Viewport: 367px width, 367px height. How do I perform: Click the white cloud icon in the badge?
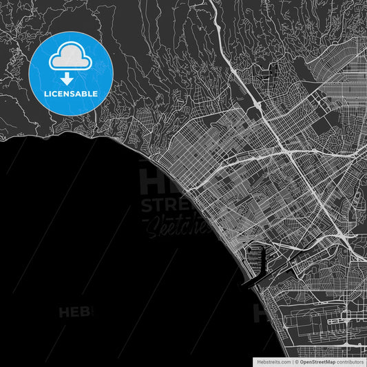[71, 59]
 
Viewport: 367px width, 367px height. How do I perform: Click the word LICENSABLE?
[71, 93]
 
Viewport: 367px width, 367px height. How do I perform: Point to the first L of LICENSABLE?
[45, 93]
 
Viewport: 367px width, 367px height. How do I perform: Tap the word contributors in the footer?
[350, 361]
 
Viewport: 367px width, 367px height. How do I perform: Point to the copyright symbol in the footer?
[295, 361]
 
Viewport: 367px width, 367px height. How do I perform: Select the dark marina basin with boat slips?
[260, 259]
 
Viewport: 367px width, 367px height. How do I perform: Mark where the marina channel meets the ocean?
[246, 283]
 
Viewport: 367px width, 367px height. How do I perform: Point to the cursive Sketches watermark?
[167, 225]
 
